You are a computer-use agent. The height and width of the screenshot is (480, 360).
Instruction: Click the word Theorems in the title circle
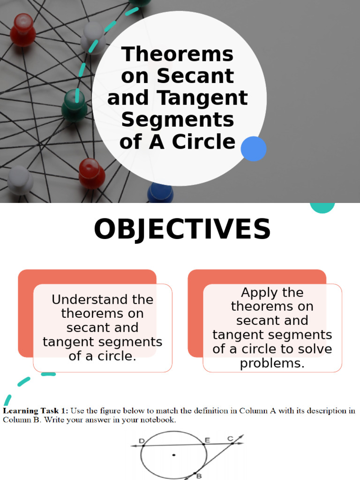point(177,54)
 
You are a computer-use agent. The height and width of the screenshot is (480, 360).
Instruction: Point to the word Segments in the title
point(177,120)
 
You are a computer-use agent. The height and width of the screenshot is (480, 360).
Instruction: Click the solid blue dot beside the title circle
point(254,149)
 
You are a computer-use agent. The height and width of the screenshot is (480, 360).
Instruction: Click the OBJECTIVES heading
point(182,230)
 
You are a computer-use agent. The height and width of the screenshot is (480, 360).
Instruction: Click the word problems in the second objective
point(272,363)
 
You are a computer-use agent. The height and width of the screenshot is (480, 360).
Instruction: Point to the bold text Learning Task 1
point(36,411)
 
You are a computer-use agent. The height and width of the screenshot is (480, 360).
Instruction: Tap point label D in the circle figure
point(142,441)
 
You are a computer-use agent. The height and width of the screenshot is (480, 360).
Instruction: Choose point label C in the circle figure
point(230,439)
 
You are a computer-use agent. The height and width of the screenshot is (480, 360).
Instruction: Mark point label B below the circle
point(199,475)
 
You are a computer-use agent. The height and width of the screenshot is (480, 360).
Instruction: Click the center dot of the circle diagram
point(174,455)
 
